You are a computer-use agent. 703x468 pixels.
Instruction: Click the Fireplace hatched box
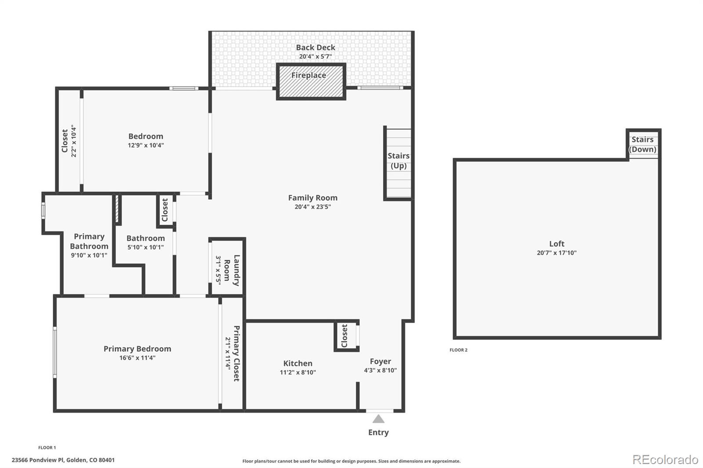click(311, 82)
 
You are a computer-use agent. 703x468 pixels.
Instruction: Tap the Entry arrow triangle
click(378, 419)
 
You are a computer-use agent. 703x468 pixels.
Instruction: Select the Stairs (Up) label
click(399, 161)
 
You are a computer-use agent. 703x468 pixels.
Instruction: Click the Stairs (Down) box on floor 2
click(643, 144)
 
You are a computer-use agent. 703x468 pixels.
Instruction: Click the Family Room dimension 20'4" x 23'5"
click(312, 207)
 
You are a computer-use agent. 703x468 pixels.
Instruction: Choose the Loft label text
click(556, 244)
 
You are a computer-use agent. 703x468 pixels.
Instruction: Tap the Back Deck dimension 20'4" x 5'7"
click(315, 57)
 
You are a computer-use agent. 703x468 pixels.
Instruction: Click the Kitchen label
click(297, 363)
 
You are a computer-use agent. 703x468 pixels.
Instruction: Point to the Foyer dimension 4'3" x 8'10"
click(380, 370)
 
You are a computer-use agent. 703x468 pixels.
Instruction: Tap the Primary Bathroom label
click(89, 241)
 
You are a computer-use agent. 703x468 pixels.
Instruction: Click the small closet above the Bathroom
click(165, 210)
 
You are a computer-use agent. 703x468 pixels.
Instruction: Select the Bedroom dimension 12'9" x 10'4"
click(145, 145)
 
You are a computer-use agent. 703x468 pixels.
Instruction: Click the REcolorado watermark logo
click(665, 459)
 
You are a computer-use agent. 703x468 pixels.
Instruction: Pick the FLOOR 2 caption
click(458, 350)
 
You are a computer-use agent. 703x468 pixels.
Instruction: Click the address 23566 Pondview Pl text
click(63, 460)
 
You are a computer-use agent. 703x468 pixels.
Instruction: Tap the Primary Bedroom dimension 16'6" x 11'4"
click(137, 358)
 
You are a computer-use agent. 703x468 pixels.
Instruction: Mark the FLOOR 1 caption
click(47, 447)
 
